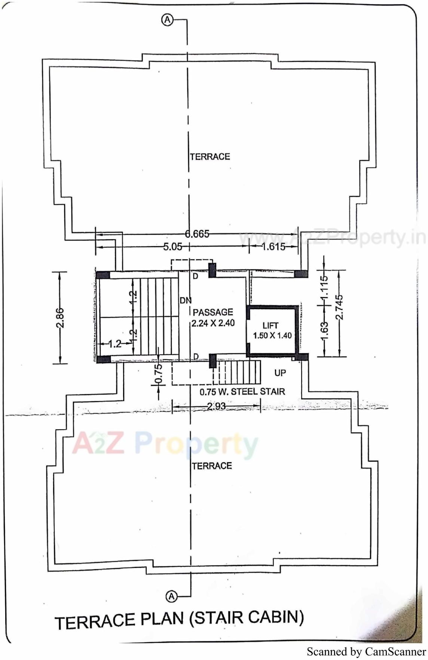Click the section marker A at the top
[167, 20]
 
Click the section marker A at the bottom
[171, 596]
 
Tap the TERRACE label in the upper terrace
[210, 156]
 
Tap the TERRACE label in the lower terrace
[212, 466]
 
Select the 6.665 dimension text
[197, 234]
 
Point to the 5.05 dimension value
[172, 247]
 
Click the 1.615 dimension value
[273, 247]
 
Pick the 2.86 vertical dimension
[60, 318]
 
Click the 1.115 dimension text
[324, 286]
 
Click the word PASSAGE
[213, 312]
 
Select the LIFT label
[270, 326]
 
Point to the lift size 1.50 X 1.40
[272, 336]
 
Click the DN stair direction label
[185, 300]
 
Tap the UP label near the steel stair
[280, 373]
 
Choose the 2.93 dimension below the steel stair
[216, 406]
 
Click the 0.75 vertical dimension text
[159, 374]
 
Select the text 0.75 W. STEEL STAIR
[242, 392]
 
